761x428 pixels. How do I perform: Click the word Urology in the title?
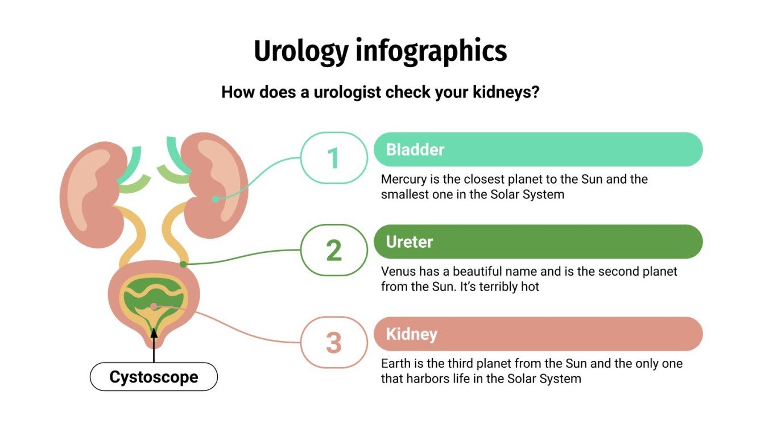click(x=300, y=52)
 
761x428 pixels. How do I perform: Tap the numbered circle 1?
click(x=333, y=158)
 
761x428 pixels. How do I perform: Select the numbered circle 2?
click(x=333, y=250)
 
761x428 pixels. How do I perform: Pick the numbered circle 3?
click(x=333, y=343)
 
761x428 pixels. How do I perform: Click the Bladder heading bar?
click(x=537, y=149)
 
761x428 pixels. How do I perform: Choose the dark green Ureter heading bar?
click(x=537, y=242)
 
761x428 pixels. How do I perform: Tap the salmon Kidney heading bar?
click(x=537, y=334)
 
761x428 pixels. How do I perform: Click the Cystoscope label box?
click(x=154, y=377)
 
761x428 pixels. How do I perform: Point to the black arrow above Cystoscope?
click(x=154, y=344)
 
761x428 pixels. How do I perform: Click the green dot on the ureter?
click(x=183, y=264)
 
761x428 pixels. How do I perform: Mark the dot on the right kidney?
click(x=215, y=199)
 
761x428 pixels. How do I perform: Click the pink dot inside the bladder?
click(x=154, y=306)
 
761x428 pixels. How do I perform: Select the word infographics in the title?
click(x=431, y=52)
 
